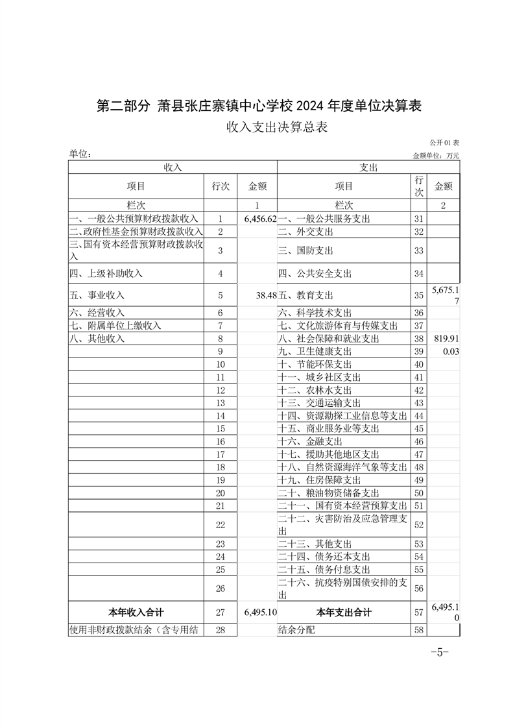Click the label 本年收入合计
(x=136, y=612)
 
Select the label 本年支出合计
(x=344, y=612)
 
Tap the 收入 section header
(x=173, y=167)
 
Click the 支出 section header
(x=368, y=167)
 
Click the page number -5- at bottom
(x=440, y=652)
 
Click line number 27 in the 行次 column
(x=221, y=612)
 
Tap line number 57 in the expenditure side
(x=418, y=612)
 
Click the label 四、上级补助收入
(x=106, y=273)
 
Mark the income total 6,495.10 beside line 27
(x=261, y=612)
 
